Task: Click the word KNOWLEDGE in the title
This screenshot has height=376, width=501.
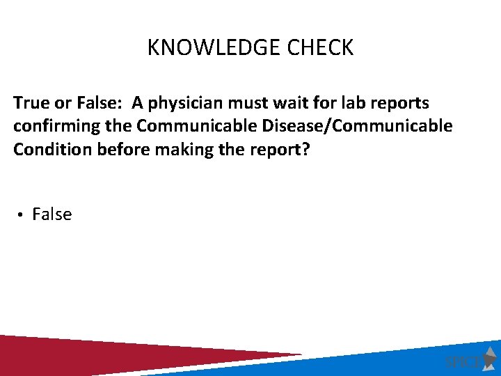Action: tap(201, 48)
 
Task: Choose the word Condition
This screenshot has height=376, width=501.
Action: tap(48, 149)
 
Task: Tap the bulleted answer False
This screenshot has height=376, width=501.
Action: tap(52, 214)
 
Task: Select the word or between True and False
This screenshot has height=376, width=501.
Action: tap(54, 103)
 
